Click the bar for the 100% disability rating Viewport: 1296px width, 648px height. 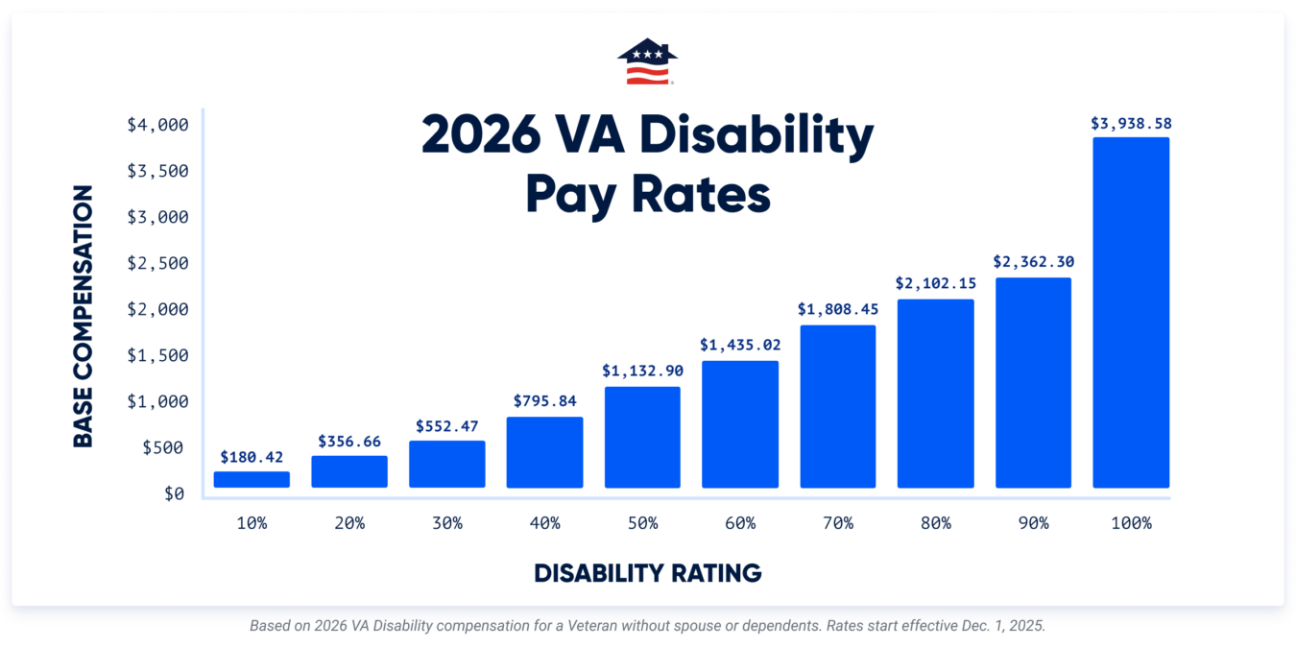point(1131,312)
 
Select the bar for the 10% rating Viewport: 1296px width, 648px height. point(252,479)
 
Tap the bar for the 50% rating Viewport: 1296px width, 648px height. point(642,437)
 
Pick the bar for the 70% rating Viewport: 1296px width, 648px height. point(837,406)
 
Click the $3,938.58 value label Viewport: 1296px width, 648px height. point(1131,124)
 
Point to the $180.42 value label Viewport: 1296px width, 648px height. point(252,457)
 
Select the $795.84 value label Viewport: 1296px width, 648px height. point(544,401)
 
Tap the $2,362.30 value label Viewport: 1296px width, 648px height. point(1033,261)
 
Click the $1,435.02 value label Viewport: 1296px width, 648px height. point(739,345)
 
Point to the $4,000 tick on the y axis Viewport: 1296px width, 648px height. point(158,125)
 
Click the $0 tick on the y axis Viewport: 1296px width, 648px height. point(174,493)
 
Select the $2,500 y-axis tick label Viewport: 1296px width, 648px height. point(158,263)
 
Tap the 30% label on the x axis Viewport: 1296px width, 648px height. point(446,523)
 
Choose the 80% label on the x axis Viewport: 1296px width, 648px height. point(935,523)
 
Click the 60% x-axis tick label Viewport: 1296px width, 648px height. point(739,523)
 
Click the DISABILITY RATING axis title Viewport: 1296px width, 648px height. point(647,573)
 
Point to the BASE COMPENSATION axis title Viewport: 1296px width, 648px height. point(84,316)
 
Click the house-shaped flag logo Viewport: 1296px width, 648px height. point(647,61)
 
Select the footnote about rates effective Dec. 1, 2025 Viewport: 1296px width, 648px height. point(647,625)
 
